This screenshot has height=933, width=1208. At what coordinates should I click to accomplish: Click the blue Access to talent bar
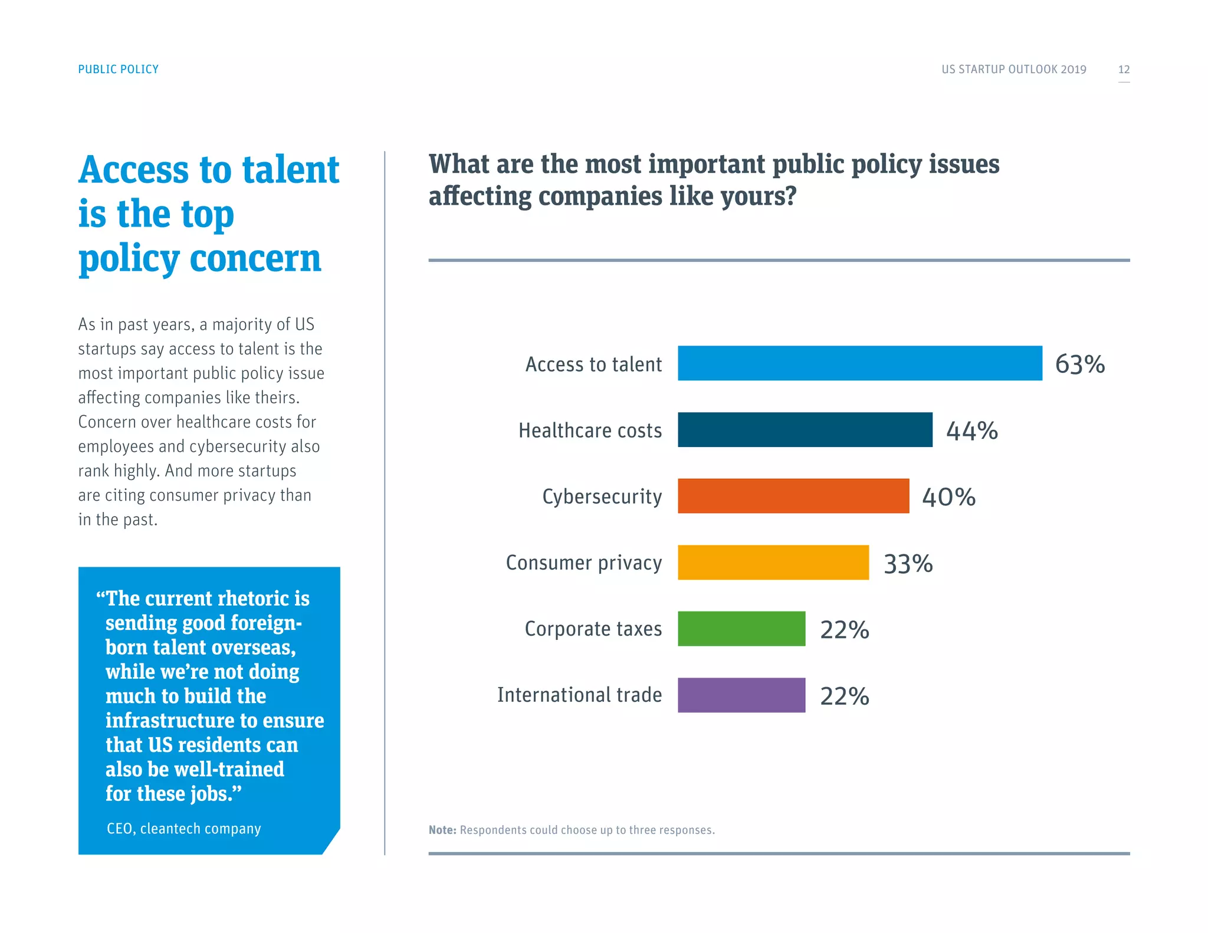coord(859,363)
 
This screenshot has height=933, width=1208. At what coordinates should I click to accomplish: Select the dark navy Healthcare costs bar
coord(805,429)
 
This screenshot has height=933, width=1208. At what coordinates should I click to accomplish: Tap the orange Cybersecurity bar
coord(793,496)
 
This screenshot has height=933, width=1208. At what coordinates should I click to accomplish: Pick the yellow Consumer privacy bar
coord(773,562)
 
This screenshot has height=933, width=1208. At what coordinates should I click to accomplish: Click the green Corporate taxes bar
coord(741,629)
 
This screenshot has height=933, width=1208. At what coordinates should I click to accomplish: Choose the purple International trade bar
coord(741,695)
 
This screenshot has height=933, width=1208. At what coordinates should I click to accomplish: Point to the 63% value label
coord(1079,364)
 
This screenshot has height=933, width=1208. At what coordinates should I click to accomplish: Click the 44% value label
coord(971,431)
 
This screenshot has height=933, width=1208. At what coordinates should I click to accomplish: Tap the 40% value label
coord(948,497)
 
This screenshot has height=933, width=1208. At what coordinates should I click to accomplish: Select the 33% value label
coord(908,563)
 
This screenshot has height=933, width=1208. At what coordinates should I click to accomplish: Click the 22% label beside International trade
coord(844,696)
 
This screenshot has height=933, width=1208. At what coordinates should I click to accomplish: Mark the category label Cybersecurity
coord(602,497)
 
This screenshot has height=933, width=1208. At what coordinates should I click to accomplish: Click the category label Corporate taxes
coord(593,629)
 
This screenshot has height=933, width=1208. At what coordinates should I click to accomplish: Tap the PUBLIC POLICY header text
coord(118,69)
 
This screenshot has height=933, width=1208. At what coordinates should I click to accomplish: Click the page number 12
coord(1124,69)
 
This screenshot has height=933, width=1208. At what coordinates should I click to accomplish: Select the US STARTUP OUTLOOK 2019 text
coord(1013,69)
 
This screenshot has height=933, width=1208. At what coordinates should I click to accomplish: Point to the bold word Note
coord(442,830)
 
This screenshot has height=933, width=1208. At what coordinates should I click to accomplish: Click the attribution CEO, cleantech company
coord(183,829)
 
